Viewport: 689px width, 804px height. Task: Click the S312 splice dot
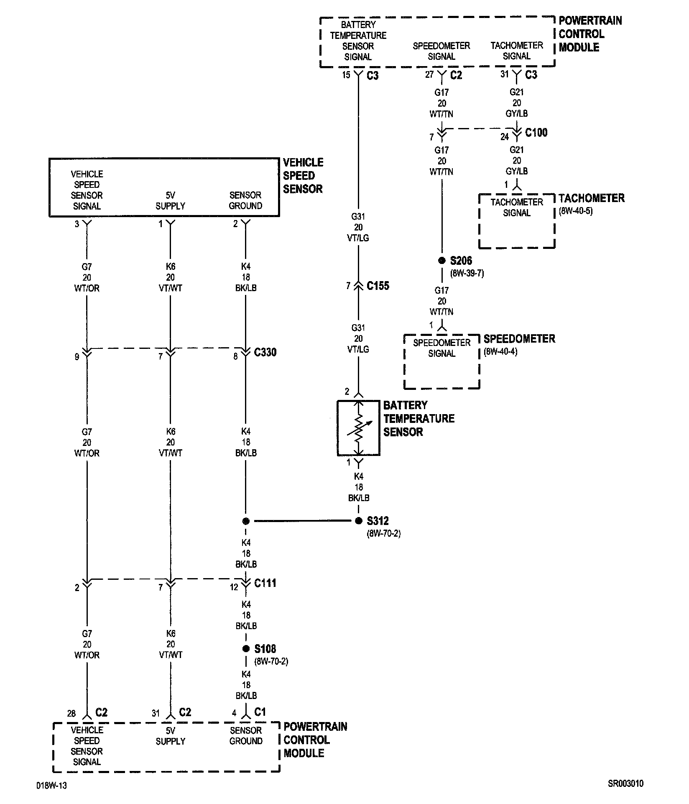358,521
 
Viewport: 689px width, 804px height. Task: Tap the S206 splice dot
441,261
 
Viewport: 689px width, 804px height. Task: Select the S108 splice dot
246,649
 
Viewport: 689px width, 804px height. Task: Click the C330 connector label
265,352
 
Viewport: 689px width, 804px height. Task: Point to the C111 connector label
265,583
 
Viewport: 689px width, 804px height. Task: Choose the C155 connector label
378,286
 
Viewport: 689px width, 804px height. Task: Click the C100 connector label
536,133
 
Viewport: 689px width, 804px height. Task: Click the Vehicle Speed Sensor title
303,176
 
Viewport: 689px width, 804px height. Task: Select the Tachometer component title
591,198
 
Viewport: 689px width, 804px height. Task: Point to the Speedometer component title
519,338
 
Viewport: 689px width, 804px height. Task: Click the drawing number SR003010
625,784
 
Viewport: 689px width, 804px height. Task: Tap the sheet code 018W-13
51,785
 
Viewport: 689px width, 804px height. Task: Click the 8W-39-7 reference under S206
467,274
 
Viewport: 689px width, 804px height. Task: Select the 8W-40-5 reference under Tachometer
575,211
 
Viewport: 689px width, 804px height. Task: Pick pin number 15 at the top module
346,75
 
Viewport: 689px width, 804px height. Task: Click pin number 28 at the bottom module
71,713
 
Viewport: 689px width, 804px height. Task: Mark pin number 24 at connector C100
505,136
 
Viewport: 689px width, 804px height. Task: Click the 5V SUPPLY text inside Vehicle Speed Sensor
170,200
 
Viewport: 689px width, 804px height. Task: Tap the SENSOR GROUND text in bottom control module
246,735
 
